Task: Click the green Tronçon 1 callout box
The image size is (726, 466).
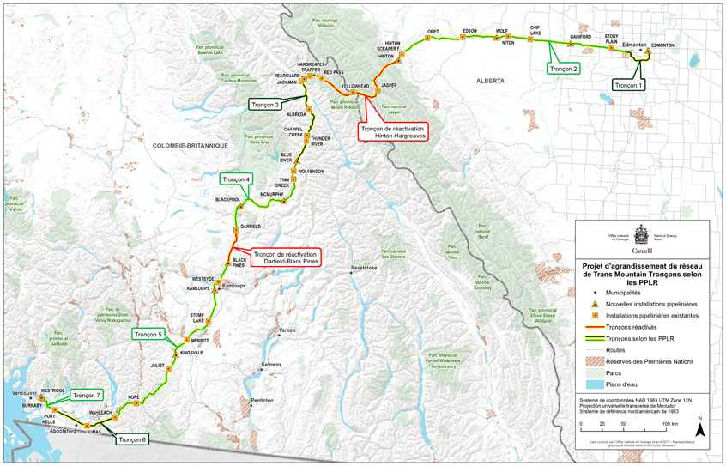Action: coord(628,85)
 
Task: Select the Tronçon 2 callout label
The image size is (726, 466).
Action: coord(565,68)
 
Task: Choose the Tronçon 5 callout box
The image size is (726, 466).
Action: coord(149,333)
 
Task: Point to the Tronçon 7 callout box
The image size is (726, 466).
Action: coord(88,396)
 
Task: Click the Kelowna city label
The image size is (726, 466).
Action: coord(271,365)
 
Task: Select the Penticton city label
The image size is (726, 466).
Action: coord(261,401)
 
